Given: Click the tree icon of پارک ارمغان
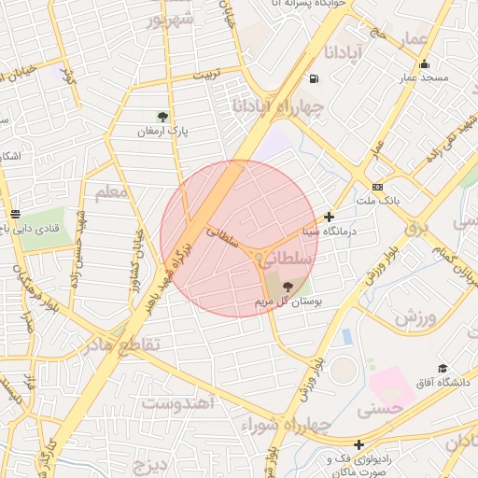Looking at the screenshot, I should click(x=163, y=117).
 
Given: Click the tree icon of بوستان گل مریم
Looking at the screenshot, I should click(x=287, y=287).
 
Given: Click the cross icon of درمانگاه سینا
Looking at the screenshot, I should click(x=329, y=217).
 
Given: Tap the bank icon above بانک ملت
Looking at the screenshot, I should click(x=377, y=186).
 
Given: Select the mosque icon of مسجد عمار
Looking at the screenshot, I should click(x=425, y=64).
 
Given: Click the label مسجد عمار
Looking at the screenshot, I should click(x=427, y=78).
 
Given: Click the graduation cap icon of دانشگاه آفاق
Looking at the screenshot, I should click(x=442, y=369).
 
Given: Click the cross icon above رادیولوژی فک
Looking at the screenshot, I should click(x=358, y=444).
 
